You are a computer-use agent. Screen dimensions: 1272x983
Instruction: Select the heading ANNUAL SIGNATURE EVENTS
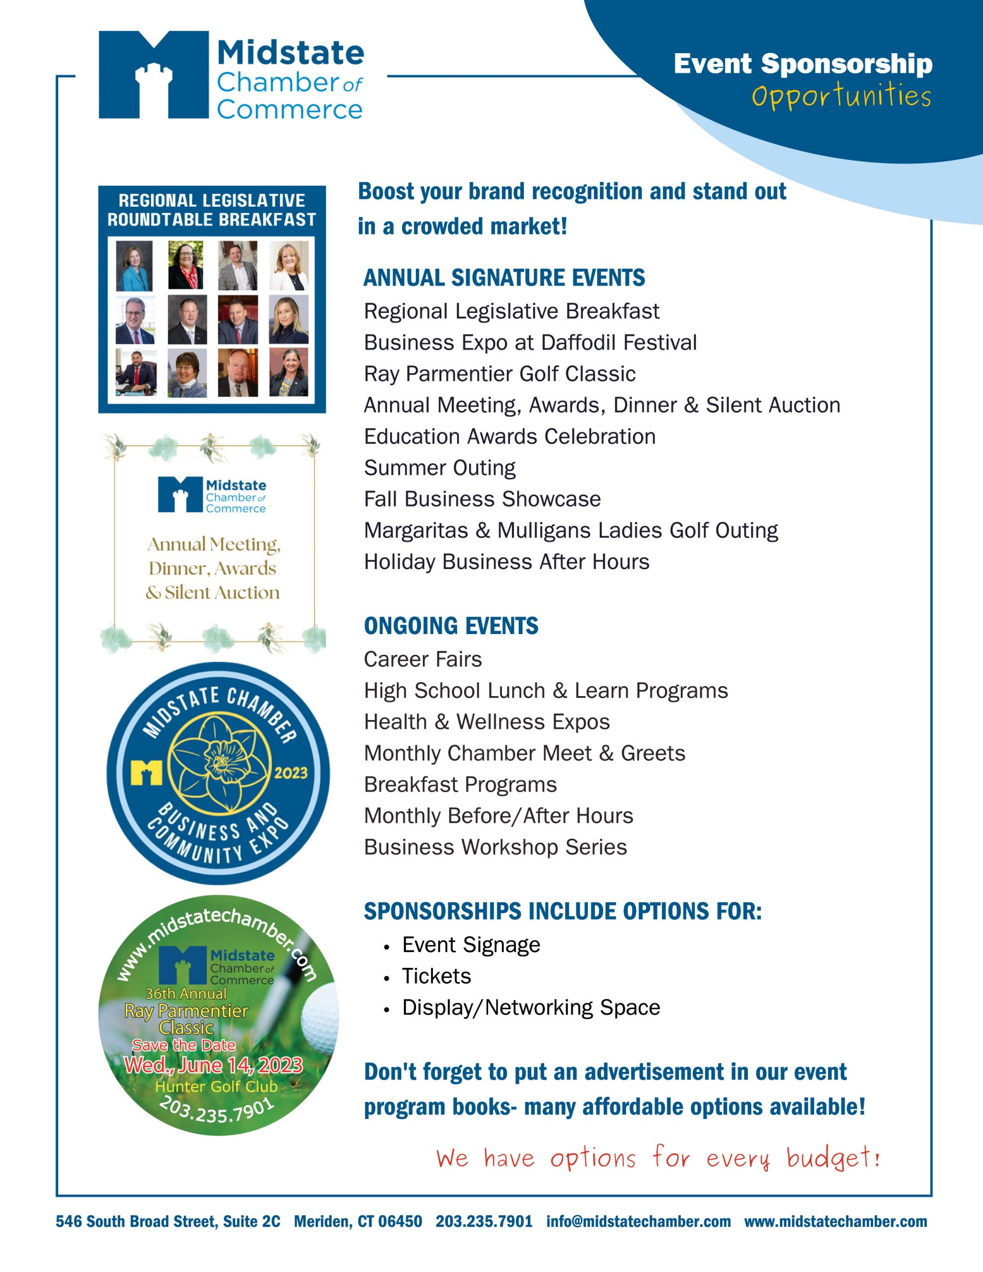504,278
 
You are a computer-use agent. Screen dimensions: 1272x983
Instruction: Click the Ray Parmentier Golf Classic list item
499,374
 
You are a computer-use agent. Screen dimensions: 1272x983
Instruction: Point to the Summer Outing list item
439,468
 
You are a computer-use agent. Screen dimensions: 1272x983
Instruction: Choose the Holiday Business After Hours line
506,562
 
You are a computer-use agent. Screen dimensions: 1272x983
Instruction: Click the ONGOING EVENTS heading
451,626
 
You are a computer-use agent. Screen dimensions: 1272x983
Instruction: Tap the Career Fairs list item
422,659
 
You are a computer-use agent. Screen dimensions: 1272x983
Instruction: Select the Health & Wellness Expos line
487,722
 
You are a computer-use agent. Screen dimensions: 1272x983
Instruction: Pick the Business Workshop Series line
495,847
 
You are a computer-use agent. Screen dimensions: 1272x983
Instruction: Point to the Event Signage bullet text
471,945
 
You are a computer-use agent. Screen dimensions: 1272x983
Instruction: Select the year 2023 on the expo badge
291,773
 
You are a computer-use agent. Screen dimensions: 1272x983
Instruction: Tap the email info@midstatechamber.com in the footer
638,1222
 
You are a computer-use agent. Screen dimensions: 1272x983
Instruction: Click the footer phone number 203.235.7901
484,1222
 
